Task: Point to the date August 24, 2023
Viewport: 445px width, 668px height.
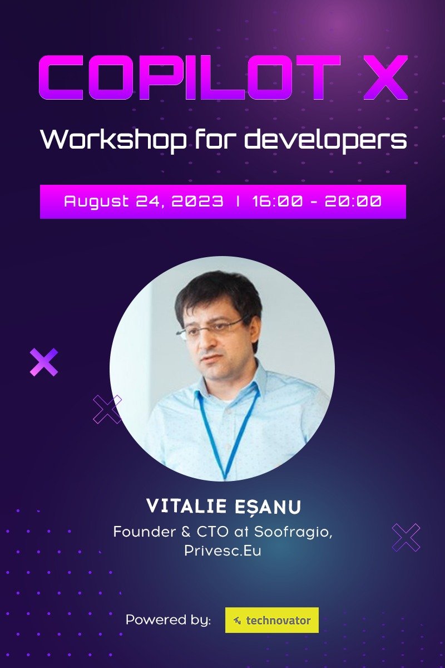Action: click(x=144, y=201)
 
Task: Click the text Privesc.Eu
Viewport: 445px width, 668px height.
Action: click(x=222, y=551)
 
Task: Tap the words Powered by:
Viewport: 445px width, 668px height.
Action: click(x=168, y=620)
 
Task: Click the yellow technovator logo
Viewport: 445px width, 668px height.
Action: click(x=272, y=620)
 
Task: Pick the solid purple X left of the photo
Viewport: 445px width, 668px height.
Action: click(x=44, y=362)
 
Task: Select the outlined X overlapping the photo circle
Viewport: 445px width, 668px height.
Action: click(x=107, y=410)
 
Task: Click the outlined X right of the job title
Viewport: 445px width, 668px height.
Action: click(x=406, y=537)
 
